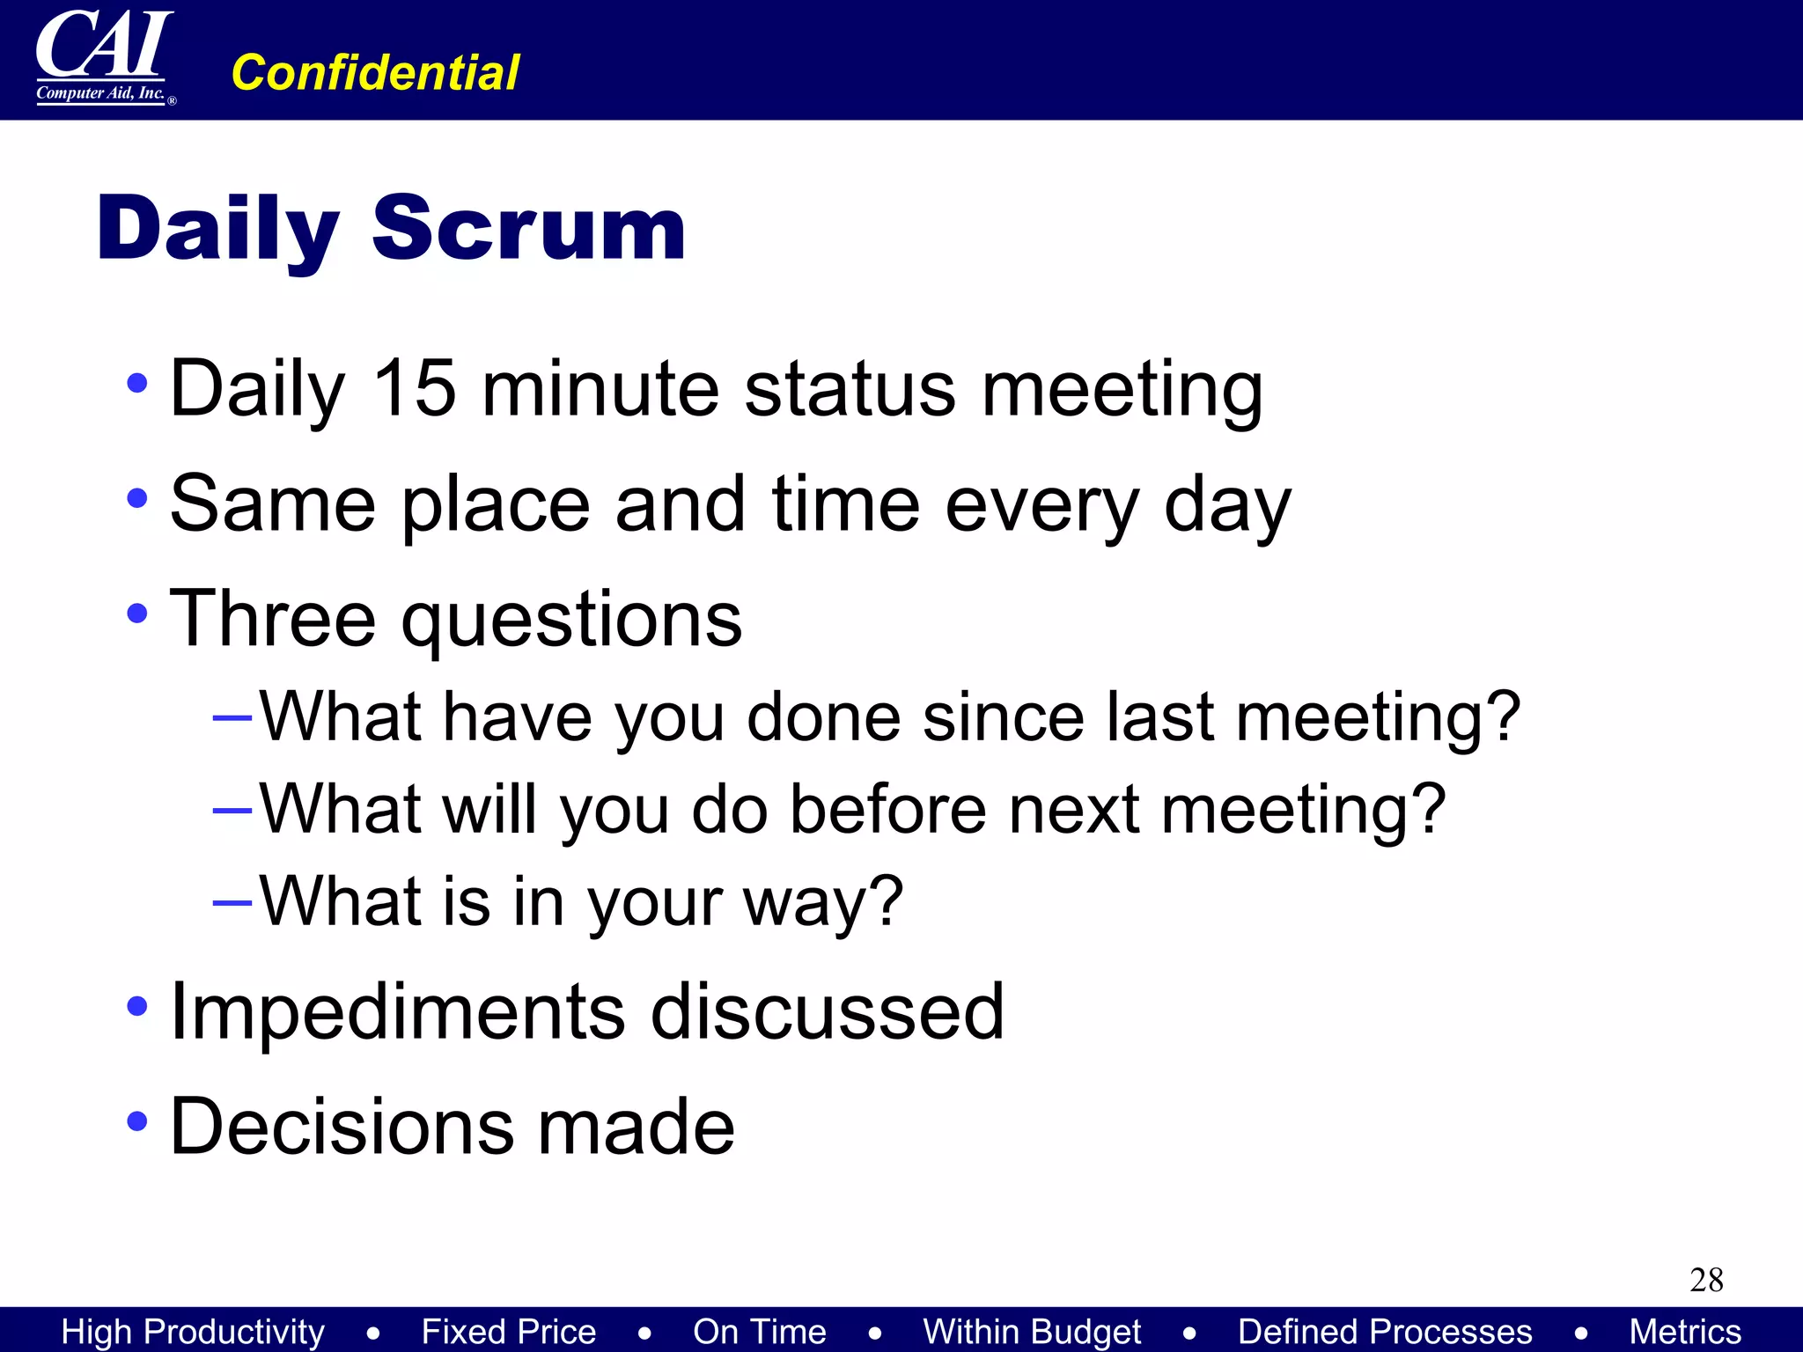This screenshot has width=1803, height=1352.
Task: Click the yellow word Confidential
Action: pos(375,72)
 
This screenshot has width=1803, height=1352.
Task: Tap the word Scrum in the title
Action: pos(528,229)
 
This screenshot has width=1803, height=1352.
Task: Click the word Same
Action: pos(272,503)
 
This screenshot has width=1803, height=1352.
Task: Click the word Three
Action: pos(272,619)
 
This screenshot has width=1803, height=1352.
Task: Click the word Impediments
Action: pos(397,1012)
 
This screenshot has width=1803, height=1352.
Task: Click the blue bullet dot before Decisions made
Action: pos(136,1121)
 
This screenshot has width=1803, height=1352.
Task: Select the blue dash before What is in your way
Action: pos(232,903)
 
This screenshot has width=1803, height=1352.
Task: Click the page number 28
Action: pos(1705,1280)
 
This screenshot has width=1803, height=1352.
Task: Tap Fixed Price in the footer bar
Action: pos(508,1332)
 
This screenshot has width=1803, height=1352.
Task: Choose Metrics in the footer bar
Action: pos(1684,1332)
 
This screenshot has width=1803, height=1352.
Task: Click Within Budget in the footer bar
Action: pos(1032,1332)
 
